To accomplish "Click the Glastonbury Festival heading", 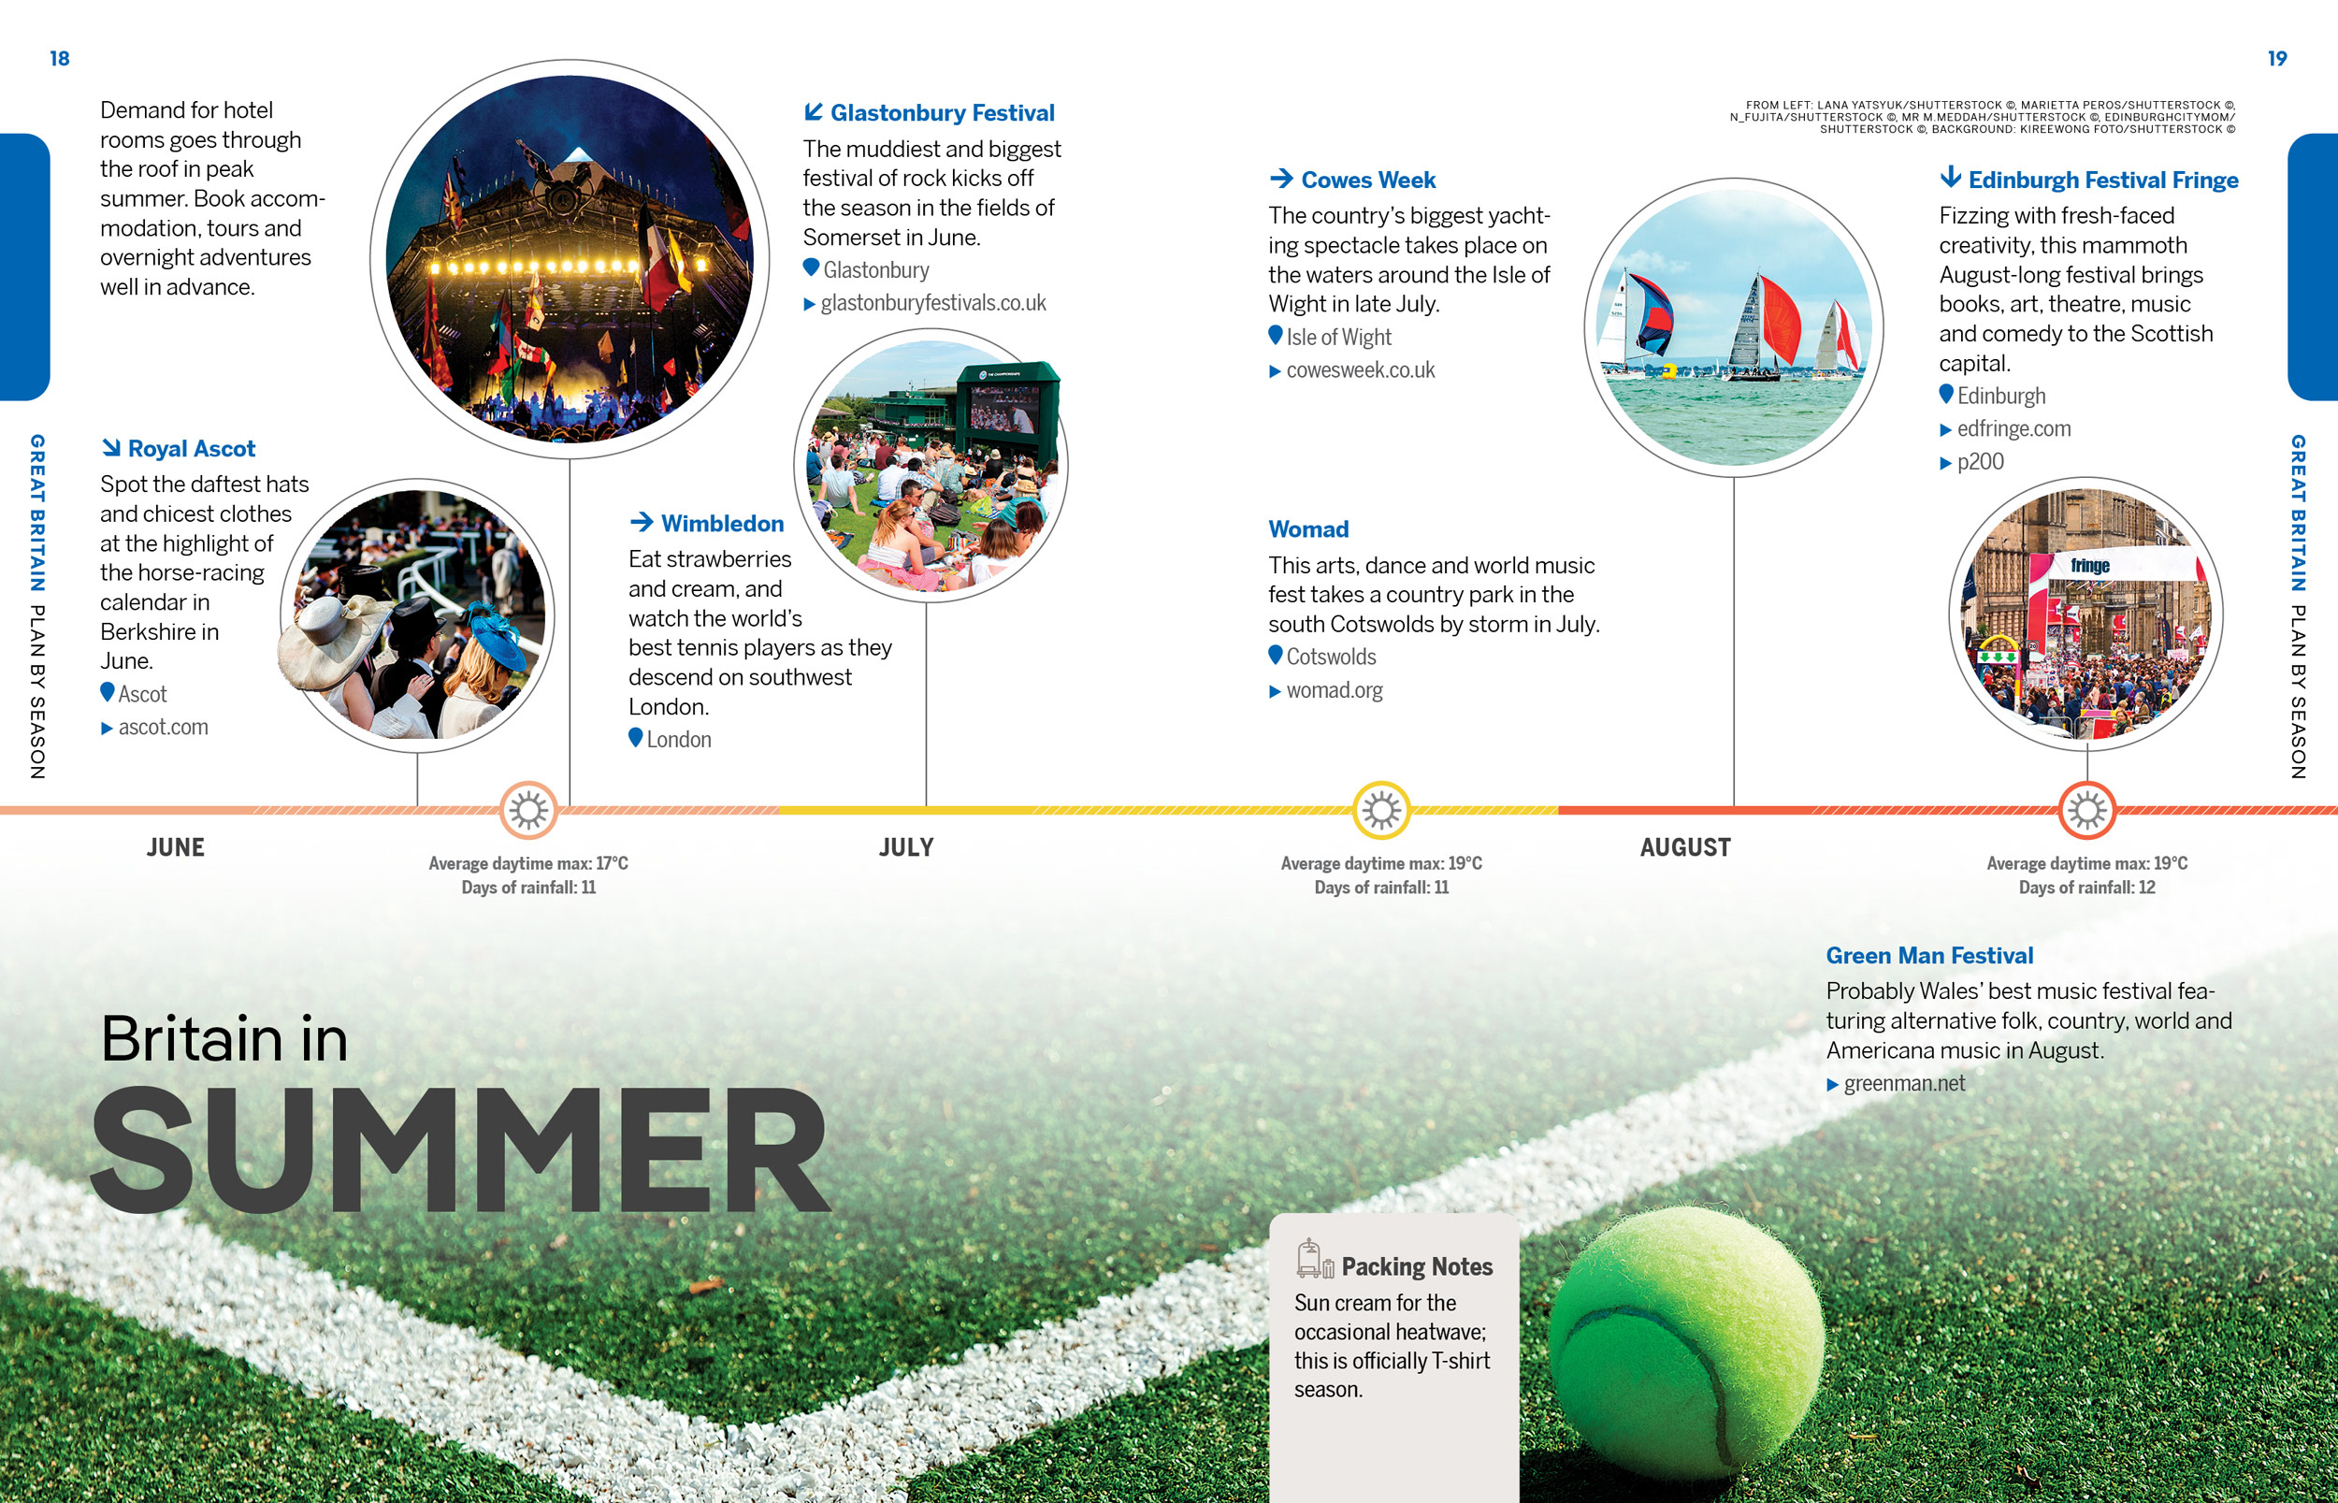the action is coord(943,113).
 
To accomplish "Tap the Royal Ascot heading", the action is coord(192,449).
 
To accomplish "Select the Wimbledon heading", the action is coord(722,524).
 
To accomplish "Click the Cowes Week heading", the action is coord(1368,181).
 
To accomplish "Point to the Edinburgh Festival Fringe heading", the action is coord(2103,181).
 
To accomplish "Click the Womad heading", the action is coord(1308,529).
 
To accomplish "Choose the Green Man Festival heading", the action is coord(1929,956).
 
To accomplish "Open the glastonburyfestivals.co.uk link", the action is coord(932,304).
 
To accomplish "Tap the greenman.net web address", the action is coord(1904,1083).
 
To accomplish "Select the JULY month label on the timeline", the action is coord(906,847).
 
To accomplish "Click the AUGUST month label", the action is coord(1685,847).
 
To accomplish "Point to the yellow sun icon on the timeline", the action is coord(1381,810).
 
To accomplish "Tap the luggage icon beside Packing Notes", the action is coord(1314,1259).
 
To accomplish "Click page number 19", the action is coord(2276,59).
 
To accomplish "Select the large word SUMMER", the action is coord(459,1151).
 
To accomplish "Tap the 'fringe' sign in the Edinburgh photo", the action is coord(2089,566).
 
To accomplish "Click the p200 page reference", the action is coord(1980,463).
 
